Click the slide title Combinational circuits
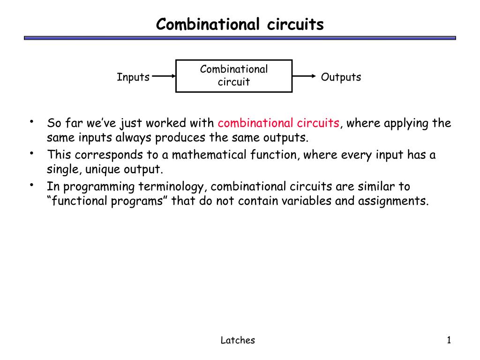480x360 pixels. pos(240,24)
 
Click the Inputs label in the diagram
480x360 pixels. pos(133,77)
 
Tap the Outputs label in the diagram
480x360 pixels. pos(341,77)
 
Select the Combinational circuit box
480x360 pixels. pos(234,76)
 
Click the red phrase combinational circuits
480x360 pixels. pos(278,123)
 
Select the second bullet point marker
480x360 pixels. pos(31,153)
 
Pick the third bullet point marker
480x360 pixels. pos(31,185)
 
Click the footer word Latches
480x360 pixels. pos(238,341)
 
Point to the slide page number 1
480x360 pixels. pos(449,340)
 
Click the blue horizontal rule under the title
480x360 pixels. pos(240,38)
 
